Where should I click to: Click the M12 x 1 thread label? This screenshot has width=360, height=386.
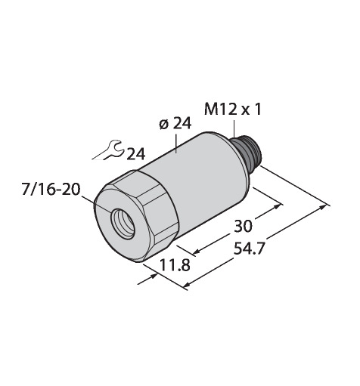[232, 110]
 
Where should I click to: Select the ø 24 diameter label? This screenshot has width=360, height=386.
[175, 124]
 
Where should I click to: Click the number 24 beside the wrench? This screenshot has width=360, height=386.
[135, 154]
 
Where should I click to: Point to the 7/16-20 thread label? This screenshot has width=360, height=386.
[51, 190]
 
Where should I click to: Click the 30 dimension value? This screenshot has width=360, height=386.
[243, 226]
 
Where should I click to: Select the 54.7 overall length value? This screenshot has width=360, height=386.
[249, 249]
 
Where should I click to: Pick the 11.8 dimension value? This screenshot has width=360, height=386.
[175, 265]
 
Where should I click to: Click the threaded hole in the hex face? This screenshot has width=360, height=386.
[123, 224]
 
